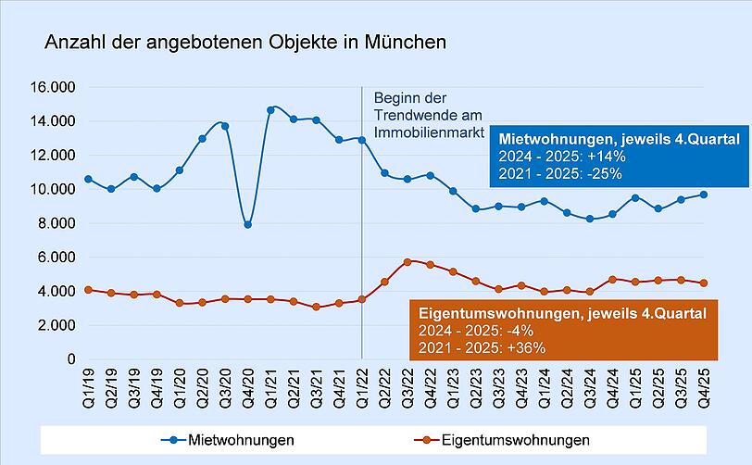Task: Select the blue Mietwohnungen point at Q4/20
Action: click(247, 224)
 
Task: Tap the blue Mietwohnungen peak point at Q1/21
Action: click(270, 110)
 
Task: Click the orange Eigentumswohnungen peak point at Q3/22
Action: click(407, 262)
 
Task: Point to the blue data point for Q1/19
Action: click(88, 179)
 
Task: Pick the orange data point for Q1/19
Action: click(88, 290)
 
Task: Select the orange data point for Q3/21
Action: click(316, 307)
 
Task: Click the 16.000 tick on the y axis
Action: click(55, 87)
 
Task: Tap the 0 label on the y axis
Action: click(70, 359)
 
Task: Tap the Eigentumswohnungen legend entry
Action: click(513, 438)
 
